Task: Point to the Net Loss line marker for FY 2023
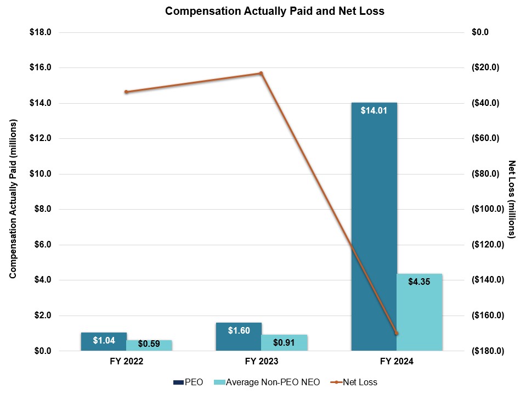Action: [261, 73]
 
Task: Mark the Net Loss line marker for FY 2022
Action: [126, 92]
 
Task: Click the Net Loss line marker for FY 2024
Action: [396, 333]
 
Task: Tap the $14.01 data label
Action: [374, 110]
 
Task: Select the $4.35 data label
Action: [419, 282]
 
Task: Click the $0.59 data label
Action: [149, 344]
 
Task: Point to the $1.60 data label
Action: [239, 330]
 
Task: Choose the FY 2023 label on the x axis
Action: [261, 362]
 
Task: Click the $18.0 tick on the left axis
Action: [40, 32]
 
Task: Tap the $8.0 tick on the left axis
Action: [42, 209]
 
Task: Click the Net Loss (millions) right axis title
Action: [512, 199]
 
